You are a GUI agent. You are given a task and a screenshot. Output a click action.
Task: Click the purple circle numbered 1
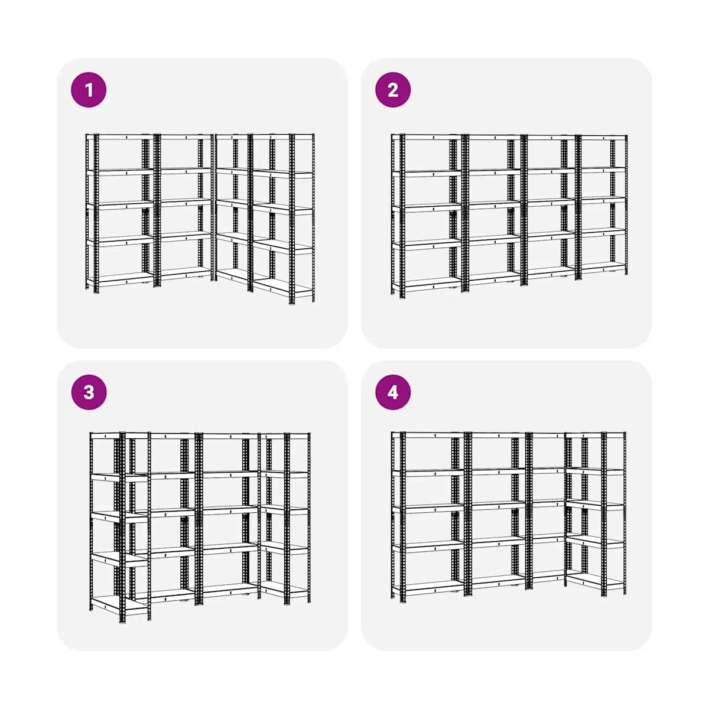[89, 90]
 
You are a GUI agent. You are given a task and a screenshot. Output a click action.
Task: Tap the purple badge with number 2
[392, 90]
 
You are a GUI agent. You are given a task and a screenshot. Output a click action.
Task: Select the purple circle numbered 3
[89, 392]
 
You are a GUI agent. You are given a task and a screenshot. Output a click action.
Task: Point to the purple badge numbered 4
[392, 392]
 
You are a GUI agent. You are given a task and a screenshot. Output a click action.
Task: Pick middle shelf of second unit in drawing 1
[183, 203]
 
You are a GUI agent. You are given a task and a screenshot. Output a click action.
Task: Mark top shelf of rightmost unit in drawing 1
[282, 136]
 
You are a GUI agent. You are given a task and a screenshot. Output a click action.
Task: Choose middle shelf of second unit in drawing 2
[495, 204]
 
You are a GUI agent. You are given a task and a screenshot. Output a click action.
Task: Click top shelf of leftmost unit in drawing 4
[428, 435]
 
